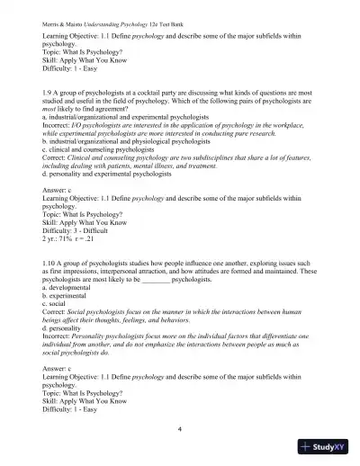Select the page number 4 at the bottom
pos(180,429)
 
